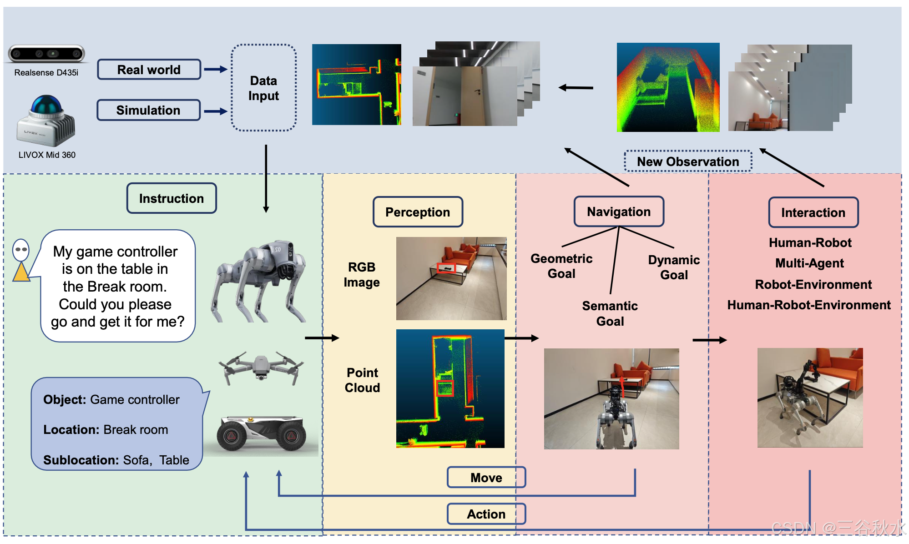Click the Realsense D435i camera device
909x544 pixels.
point(46,54)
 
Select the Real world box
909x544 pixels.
point(149,70)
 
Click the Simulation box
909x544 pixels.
point(148,110)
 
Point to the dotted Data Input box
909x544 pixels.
point(263,88)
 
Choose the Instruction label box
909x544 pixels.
point(172,198)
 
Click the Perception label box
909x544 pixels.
point(418,212)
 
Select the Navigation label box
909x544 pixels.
point(619,212)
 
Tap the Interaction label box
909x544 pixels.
point(813,212)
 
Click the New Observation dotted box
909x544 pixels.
point(688,161)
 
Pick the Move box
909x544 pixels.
point(486,478)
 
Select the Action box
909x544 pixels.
point(486,514)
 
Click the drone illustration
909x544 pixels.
point(261,367)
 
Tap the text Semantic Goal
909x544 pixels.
point(610,313)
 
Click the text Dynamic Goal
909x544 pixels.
point(674,267)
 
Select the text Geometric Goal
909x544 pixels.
point(561,266)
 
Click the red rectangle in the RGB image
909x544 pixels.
point(446,268)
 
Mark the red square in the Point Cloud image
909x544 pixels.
point(445,388)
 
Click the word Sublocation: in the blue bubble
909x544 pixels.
point(81,460)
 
